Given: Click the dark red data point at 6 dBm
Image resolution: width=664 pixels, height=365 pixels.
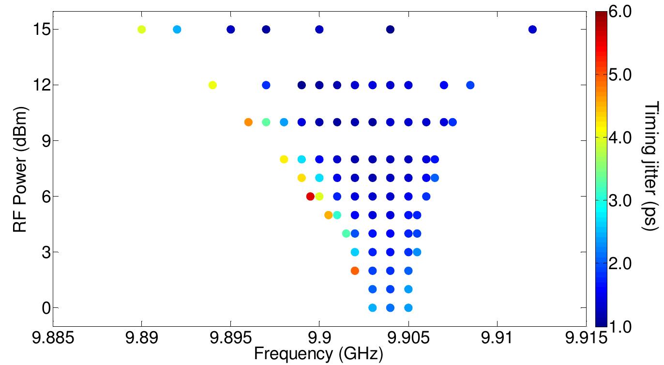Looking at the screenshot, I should pos(310,197).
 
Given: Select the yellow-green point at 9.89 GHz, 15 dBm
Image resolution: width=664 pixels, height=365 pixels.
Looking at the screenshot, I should pos(141,30).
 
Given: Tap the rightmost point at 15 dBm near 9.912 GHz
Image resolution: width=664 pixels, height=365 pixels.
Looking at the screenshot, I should pos(532,30).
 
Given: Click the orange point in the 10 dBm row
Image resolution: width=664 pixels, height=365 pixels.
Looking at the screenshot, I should pos(248,122).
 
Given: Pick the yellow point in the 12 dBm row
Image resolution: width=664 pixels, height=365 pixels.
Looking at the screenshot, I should pos(212,85).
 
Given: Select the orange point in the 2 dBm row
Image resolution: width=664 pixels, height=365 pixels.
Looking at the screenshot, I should pos(355,271).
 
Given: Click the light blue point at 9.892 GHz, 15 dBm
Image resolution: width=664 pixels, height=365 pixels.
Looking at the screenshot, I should pos(177,30).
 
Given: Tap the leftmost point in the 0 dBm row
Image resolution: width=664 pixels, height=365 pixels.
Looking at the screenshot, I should pos(373,307).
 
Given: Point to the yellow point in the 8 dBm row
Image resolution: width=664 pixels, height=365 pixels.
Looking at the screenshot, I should pos(284,159).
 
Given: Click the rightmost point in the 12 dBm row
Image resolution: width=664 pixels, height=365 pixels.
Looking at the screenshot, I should pos(470,85).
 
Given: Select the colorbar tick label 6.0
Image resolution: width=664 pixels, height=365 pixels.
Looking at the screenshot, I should pos(619,12).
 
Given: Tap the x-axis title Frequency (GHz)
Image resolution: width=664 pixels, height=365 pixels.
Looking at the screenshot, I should pos(318,354).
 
